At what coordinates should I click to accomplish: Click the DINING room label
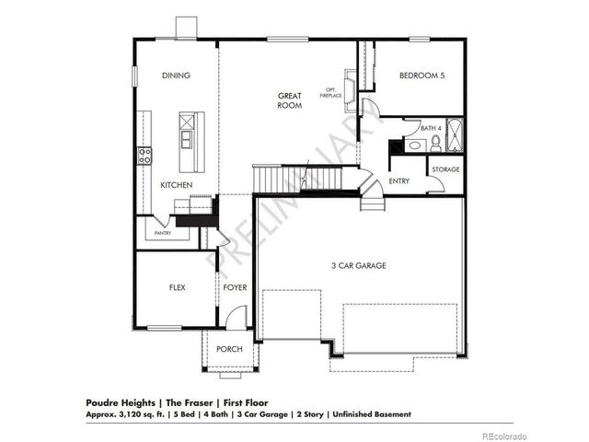(177, 76)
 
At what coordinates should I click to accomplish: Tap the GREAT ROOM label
(290, 101)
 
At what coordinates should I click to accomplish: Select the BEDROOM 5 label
(422, 76)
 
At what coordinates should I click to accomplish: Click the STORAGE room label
(446, 169)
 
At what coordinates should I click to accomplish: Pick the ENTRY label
(398, 181)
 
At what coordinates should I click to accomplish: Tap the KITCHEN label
(177, 185)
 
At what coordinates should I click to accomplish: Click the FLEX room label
(177, 287)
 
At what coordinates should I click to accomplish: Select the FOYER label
(235, 287)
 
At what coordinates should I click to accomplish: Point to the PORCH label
(228, 349)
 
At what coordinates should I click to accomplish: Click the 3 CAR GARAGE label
(359, 265)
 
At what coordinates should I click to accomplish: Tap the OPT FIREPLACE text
(330, 93)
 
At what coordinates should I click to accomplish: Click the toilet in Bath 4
(436, 145)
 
